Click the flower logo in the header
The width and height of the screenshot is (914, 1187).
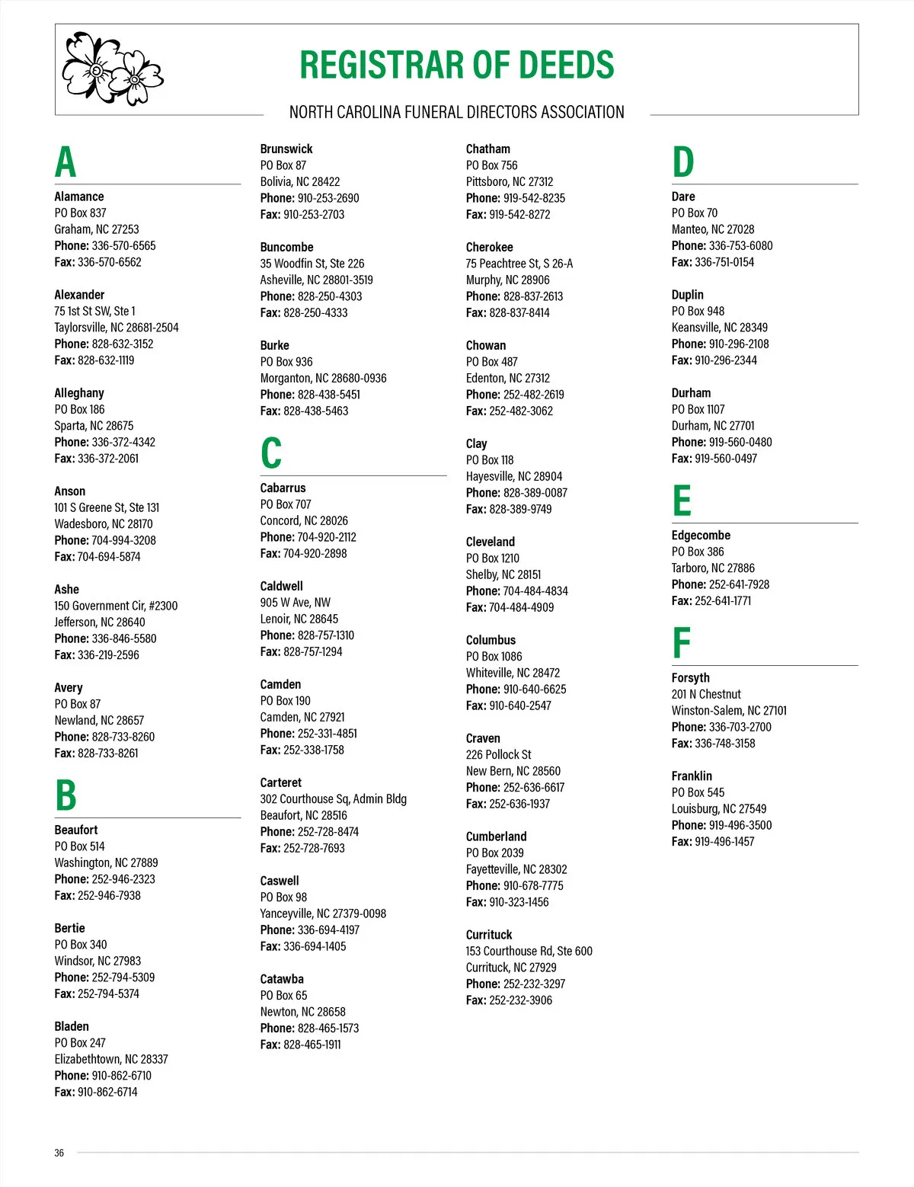pos(112,68)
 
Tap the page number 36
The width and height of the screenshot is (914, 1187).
pos(59,1153)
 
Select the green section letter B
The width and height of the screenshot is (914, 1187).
pos(66,795)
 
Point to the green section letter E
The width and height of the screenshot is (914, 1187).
pos(682,501)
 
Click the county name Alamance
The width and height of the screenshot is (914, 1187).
pos(79,197)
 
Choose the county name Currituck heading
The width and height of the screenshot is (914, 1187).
pos(489,935)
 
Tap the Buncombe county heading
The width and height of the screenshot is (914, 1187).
pos(286,248)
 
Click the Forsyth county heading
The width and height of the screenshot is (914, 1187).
pos(690,678)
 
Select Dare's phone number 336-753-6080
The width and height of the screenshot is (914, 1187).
pos(740,246)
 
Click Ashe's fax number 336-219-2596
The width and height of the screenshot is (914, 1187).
pos(108,655)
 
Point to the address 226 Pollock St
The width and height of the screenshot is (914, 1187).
pos(498,755)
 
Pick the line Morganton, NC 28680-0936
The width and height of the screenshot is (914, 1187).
pos(323,379)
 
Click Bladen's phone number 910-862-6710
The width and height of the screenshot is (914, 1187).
pos(121,1076)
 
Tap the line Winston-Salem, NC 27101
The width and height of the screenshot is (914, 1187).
pos(729,711)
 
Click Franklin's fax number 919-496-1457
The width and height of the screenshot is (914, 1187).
pos(724,842)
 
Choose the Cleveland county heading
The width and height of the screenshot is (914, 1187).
pos(491,542)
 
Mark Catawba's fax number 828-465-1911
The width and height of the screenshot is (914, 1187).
pos(312,1045)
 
